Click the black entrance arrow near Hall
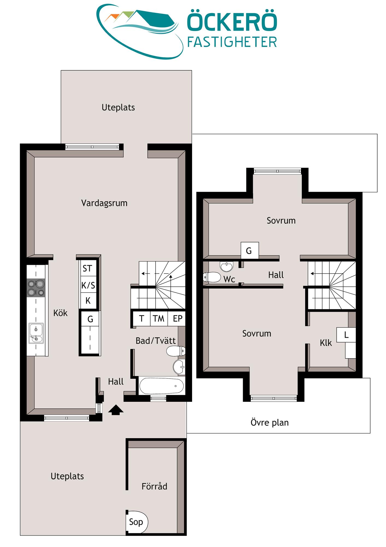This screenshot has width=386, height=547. click(x=116, y=410)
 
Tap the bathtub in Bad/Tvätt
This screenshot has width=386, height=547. click(x=162, y=386)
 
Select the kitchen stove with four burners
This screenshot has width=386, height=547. click(x=36, y=288)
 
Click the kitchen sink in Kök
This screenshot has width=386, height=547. click(x=36, y=333)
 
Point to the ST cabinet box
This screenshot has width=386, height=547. click(x=88, y=268)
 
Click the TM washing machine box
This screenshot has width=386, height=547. click(x=159, y=318)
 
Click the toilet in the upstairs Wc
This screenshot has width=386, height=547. click(x=212, y=277)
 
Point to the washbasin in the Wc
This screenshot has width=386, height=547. click(x=226, y=266)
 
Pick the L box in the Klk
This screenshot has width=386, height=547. click(x=346, y=335)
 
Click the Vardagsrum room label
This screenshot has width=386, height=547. click(x=104, y=203)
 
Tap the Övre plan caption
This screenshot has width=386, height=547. click(x=270, y=423)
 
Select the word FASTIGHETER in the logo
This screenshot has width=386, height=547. click(x=232, y=42)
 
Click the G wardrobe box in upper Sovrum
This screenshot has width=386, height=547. click(x=250, y=250)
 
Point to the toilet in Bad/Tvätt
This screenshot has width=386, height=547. click(x=176, y=351)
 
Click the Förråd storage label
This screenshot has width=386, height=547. click(x=154, y=486)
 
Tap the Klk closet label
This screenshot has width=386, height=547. click(x=326, y=343)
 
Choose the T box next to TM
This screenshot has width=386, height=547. click(x=142, y=318)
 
